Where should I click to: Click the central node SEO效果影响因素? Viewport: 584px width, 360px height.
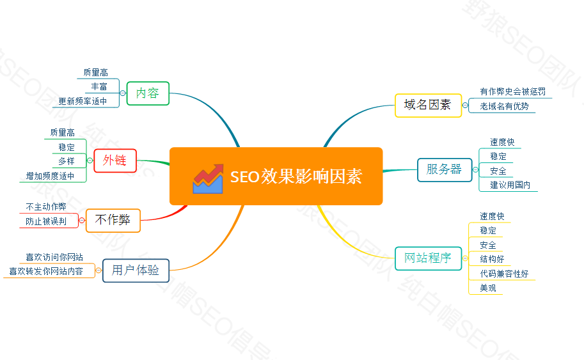coord(276,176)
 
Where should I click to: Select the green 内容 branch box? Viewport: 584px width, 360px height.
coord(148,93)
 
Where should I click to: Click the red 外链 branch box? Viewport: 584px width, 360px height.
coord(114,160)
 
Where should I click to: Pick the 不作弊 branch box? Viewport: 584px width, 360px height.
coord(113,220)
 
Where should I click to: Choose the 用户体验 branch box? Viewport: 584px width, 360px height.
coord(136,270)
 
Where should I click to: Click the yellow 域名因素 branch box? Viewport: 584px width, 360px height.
coord(427,105)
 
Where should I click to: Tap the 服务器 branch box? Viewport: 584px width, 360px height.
coord(444,169)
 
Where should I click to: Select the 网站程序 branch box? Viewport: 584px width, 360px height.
coord(427,258)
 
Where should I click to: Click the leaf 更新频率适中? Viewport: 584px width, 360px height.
coord(83,101)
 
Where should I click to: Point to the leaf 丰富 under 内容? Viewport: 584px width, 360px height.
coord(99,86)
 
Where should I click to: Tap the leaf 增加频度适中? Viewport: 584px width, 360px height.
coord(51,176)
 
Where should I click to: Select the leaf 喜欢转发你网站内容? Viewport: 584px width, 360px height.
coord(46,272)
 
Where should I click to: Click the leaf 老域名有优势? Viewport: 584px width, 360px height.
coord(504,106)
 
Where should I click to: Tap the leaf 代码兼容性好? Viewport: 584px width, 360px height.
coord(504,274)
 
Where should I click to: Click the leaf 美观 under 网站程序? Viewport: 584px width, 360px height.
coord(488,288)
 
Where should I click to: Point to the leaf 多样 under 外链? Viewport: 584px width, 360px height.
coord(67,161)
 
